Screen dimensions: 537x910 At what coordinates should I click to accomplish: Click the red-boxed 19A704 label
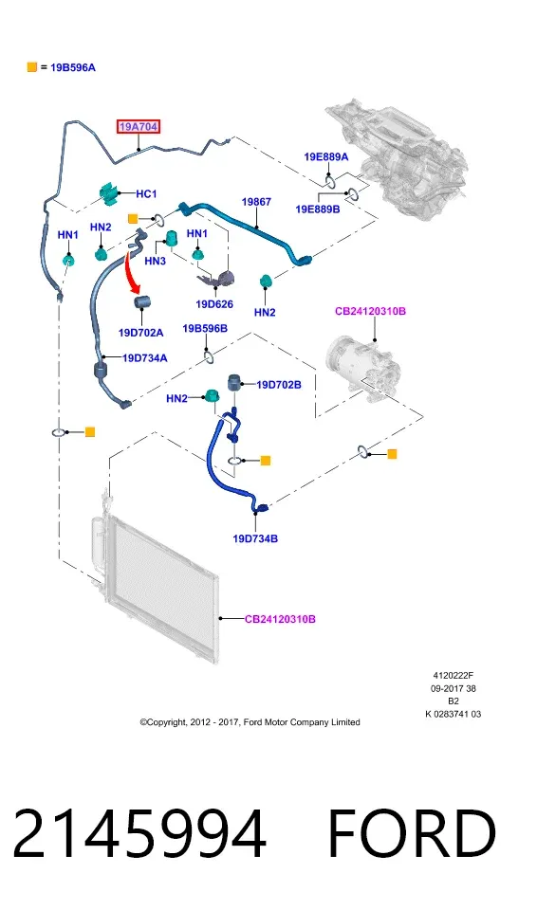tap(138, 126)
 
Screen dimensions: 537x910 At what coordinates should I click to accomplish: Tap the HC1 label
tap(146, 193)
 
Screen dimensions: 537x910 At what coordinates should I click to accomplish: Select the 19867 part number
tap(256, 201)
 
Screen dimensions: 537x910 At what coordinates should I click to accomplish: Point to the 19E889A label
tap(326, 156)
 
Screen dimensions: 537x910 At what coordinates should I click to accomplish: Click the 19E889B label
tap(318, 209)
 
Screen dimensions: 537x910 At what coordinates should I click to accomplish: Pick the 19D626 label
tap(214, 304)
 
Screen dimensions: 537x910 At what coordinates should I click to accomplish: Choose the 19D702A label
tap(140, 333)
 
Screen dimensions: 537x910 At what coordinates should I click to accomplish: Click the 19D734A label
tap(145, 358)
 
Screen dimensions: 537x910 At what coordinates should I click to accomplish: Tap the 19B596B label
tap(205, 329)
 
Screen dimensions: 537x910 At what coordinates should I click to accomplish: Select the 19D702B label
tap(279, 385)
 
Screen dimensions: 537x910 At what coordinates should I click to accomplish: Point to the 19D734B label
tap(255, 538)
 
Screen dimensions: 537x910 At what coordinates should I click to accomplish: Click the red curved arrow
tap(131, 274)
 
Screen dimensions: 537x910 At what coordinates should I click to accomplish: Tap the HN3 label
tap(156, 262)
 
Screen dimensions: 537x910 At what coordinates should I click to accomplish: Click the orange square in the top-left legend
tap(32, 67)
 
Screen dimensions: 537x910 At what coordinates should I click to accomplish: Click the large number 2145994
tap(139, 834)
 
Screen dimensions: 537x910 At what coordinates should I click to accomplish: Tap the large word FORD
tap(412, 834)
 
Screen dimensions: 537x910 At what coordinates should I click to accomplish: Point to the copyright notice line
tap(250, 722)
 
